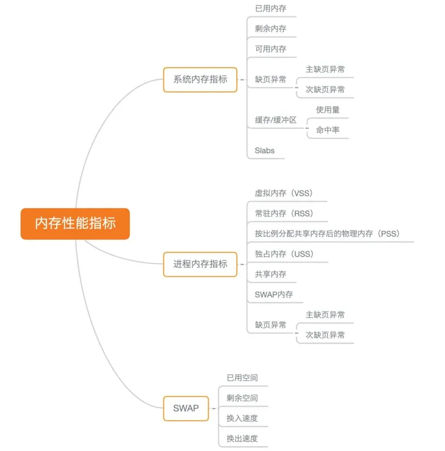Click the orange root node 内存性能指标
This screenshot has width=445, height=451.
pos(75,223)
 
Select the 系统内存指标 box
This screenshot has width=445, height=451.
pos(200,79)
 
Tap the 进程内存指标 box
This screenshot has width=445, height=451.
pos(200,264)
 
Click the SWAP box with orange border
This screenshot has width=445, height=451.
pos(186,408)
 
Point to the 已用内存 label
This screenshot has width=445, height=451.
pos(270,8)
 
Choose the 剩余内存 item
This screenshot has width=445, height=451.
pos(270,29)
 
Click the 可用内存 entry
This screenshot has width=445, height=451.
pos(270,49)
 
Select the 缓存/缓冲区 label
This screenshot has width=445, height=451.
pos(275,120)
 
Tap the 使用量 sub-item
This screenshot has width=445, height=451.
pos(328,110)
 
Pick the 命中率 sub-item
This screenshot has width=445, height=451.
pos(328,130)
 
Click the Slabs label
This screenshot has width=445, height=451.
pos(265,150)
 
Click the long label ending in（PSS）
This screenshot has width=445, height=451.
pos(327,233)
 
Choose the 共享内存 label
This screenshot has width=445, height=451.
pos(270,274)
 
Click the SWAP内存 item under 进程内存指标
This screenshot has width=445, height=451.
pos(274,294)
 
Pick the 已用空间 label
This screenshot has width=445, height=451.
pos(242,377)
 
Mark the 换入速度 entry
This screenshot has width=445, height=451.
pos(242,418)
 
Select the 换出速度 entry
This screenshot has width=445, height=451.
pos(242,438)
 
